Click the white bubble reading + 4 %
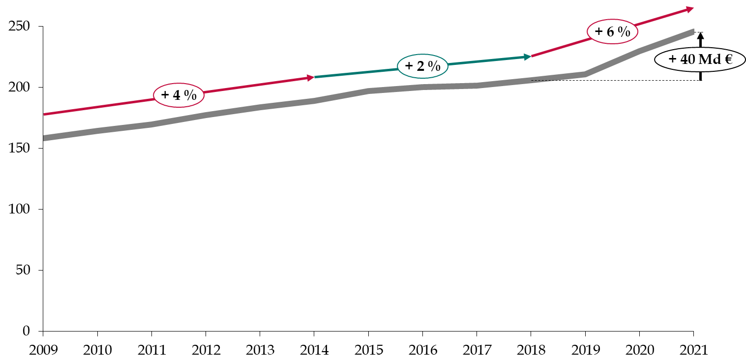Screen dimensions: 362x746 [x=179, y=95]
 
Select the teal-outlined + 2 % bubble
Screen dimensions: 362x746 [x=422, y=66]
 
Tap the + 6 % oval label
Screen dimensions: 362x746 [x=612, y=32]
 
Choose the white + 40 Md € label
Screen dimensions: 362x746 [x=700, y=60]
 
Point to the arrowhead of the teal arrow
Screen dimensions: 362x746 [x=528, y=57]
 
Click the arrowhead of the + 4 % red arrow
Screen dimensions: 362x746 [x=311, y=77]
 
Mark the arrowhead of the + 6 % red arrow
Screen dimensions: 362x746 [x=690, y=8]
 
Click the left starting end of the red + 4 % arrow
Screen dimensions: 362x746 [x=45, y=115]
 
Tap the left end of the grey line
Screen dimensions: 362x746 [x=45, y=138]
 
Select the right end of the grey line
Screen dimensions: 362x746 [x=693, y=32]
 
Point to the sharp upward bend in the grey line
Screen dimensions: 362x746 [x=585, y=74]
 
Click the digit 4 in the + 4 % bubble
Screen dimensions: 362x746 [x=177, y=95]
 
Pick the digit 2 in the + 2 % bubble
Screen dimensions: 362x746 [x=420, y=66]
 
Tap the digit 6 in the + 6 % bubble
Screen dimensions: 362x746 [x=611, y=32]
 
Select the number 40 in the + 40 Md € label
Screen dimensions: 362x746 [x=688, y=60]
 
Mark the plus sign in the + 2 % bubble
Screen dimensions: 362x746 [x=409, y=66]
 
